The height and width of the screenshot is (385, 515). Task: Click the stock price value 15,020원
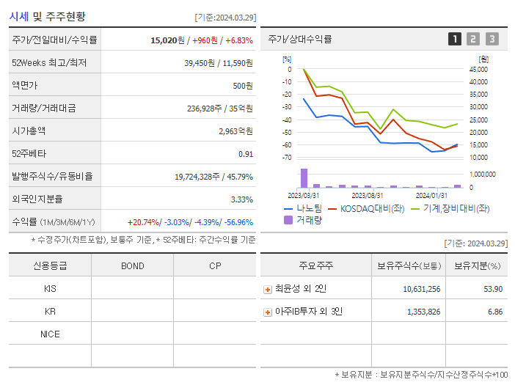(x=168, y=40)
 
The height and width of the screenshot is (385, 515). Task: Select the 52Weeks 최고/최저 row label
(x=49, y=63)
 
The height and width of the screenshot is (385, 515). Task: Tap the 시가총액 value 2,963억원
(x=235, y=131)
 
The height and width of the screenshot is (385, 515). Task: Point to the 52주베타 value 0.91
(x=245, y=154)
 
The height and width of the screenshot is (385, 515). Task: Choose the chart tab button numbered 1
(x=455, y=39)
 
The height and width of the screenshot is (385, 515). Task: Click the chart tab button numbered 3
(x=492, y=39)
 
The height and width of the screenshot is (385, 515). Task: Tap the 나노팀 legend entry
(x=302, y=208)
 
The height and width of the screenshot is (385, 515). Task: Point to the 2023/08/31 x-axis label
(x=368, y=195)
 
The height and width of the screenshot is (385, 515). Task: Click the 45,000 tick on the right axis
(x=478, y=70)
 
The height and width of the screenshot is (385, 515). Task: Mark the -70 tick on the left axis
(x=288, y=158)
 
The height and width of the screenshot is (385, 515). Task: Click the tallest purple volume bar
(x=304, y=178)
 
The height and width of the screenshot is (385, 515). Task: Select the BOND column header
(x=133, y=265)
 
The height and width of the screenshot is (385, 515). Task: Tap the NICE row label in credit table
(x=50, y=334)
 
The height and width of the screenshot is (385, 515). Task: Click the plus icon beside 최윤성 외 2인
(x=268, y=290)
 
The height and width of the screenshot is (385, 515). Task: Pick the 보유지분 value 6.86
(x=494, y=312)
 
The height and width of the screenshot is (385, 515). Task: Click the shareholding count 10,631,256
(x=421, y=289)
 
